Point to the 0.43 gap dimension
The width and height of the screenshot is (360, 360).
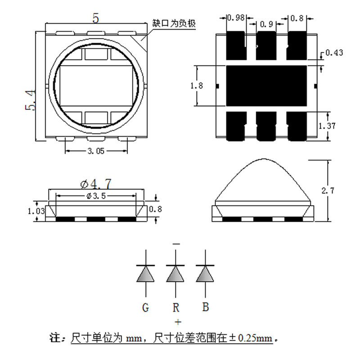click(334, 53)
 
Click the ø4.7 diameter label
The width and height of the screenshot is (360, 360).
click(95, 184)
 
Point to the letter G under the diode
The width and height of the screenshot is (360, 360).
click(145, 308)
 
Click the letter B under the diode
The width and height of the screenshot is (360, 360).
click(205, 307)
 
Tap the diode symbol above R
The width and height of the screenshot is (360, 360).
click(175, 273)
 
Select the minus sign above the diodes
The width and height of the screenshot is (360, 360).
click(176, 244)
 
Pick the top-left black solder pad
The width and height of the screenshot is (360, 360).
click(234, 45)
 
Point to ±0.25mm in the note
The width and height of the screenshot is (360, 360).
click(256, 337)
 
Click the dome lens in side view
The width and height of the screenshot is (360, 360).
click(264, 180)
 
